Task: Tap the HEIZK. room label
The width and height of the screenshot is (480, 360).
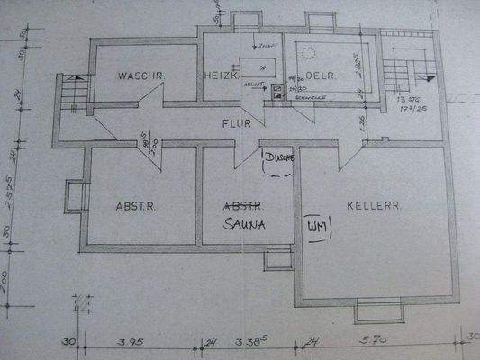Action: coord(221,78)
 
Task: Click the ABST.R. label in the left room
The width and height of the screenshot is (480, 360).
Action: coord(136,206)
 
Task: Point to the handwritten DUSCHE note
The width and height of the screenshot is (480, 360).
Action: coord(277,156)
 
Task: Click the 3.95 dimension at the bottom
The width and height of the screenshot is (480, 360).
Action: coord(133,342)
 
